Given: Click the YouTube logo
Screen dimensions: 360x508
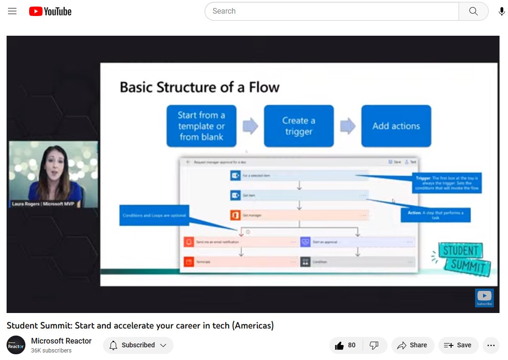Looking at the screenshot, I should point(50,11).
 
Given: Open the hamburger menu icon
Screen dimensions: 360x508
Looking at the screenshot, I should point(12,11).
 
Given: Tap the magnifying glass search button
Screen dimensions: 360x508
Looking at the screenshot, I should point(473,11).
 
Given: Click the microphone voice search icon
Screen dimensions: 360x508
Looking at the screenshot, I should point(502,11).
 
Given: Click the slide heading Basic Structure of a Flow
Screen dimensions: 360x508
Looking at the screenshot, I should point(199,87).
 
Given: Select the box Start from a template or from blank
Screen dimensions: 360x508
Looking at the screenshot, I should point(201,126).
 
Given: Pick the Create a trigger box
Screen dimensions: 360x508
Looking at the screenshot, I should point(299,126).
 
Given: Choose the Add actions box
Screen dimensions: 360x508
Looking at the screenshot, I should point(396,126).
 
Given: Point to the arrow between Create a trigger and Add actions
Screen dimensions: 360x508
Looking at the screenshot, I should point(348,126).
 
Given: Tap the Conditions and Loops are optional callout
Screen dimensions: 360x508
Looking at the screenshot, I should point(154,215).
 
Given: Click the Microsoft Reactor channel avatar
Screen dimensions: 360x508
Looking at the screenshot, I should point(16,345).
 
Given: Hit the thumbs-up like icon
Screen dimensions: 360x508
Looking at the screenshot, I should point(340,345).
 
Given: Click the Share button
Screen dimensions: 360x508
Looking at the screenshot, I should point(412,345).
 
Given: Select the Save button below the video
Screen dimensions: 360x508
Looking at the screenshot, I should point(458,345).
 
